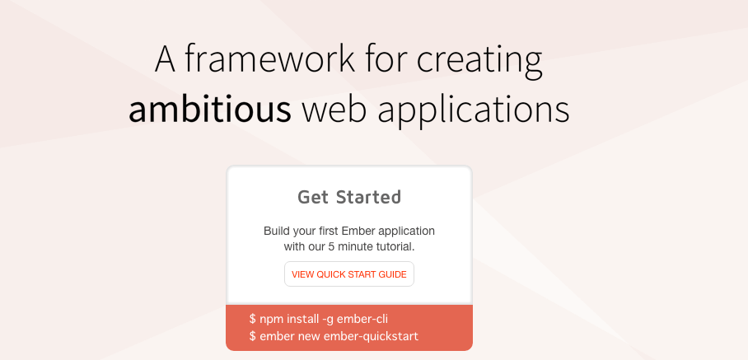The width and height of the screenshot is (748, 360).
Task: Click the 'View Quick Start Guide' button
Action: (349, 274)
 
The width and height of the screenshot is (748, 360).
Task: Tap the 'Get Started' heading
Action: (349, 197)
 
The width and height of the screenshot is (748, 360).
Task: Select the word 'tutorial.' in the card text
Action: (392, 246)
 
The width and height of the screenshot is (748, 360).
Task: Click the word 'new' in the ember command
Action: (309, 336)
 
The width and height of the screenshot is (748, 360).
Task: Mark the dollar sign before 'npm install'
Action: (252, 318)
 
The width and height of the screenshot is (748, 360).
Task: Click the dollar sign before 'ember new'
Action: (252, 336)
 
